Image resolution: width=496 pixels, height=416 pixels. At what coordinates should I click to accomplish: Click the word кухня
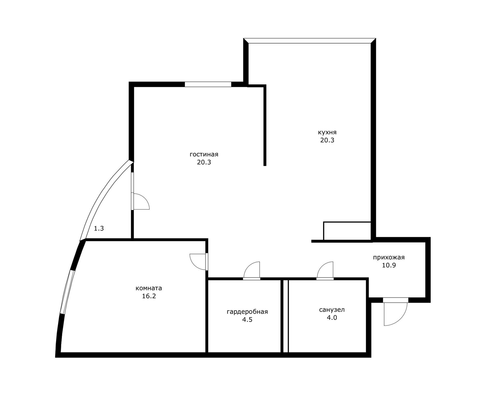327,133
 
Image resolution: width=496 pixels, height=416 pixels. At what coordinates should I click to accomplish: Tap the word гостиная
204,155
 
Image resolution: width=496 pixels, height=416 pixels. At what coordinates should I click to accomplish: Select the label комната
149,288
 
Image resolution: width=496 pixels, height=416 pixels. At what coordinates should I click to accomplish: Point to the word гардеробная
247,312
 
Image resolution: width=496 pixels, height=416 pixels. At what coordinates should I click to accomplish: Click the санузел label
332,310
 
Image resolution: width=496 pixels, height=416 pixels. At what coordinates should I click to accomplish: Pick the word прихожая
389,257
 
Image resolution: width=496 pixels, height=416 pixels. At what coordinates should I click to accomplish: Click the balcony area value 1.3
99,228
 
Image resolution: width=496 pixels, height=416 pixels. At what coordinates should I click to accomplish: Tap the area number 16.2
149,296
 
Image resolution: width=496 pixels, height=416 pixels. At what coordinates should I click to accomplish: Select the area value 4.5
247,320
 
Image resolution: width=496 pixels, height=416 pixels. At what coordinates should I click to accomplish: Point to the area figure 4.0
332,318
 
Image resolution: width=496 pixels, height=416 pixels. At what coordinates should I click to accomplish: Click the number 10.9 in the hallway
389,265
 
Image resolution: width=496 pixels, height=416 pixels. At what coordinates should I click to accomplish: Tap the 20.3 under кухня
327,140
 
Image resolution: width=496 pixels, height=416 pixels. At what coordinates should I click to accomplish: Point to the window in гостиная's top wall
208,84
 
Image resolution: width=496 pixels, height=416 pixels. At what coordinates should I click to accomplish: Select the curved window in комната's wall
67,292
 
